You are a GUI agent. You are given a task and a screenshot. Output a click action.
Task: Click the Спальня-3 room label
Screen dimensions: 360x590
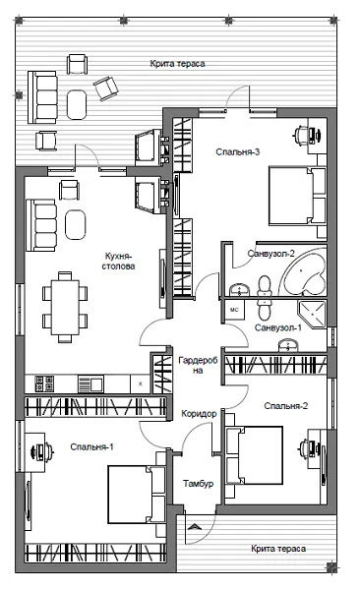click(238, 152)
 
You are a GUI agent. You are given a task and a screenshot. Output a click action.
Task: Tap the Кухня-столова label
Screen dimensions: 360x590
click(118, 262)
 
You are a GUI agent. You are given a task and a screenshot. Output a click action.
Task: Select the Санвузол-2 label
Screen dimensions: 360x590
click(270, 254)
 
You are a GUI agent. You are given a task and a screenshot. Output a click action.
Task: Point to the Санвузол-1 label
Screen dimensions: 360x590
click(278, 327)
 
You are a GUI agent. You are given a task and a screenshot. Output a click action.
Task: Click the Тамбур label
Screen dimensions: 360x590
click(198, 484)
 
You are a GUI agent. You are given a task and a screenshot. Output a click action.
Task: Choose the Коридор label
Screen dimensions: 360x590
click(199, 414)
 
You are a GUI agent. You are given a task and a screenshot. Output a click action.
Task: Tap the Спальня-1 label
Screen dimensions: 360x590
click(91, 447)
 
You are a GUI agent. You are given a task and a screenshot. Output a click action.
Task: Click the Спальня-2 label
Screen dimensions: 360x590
click(286, 406)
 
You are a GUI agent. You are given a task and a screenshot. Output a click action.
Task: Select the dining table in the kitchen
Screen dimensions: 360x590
click(65, 307)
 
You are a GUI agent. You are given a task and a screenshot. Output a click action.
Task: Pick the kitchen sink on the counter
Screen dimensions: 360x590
click(90, 383)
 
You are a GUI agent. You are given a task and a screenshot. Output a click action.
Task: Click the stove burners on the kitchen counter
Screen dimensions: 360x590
click(44, 383)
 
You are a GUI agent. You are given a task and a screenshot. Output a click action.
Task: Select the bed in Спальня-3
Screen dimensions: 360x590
click(296, 197)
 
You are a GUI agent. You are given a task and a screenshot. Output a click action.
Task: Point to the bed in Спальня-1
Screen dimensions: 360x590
click(137, 495)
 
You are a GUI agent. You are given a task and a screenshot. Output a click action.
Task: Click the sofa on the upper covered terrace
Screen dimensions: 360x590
click(42, 97)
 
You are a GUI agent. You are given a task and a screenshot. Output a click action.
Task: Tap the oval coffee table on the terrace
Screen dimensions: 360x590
click(77, 104)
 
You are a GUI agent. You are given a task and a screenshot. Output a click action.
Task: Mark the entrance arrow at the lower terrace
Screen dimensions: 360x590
click(195, 526)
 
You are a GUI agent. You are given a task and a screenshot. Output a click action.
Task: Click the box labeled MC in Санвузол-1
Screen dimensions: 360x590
click(234, 310)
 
